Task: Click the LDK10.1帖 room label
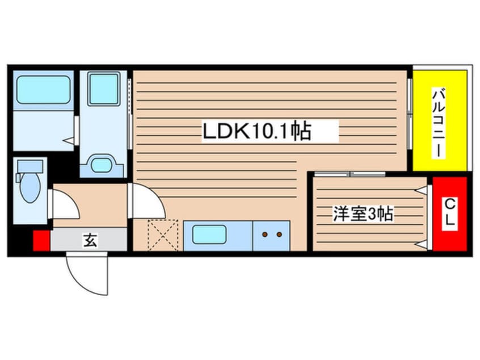pyautogui.click(x=256, y=132)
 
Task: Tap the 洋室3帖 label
pyautogui.click(x=363, y=215)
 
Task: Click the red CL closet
pyautogui.click(x=449, y=214)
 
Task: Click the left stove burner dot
pyautogui.click(x=264, y=233)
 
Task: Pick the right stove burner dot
pyautogui.click(x=279, y=233)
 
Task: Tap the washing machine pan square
pyautogui.click(x=103, y=89)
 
